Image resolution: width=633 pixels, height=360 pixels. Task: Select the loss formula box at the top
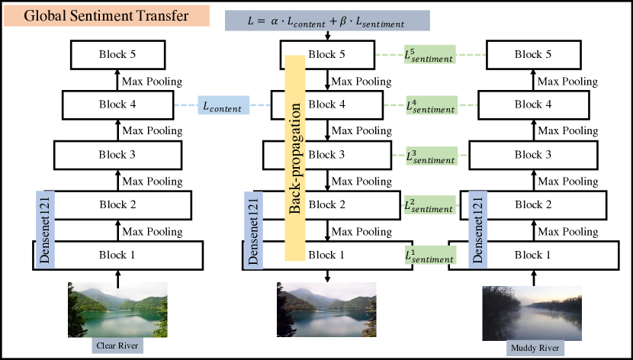(x=328, y=22)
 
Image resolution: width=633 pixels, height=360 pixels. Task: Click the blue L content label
(x=225, y=108)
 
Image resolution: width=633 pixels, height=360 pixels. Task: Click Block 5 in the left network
(x=117, y=54)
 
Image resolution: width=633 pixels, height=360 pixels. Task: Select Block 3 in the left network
(x=117, y=155)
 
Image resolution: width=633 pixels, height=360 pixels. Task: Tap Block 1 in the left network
(x=117, y=254)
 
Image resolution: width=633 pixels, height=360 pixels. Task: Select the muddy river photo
(x=532, y=313)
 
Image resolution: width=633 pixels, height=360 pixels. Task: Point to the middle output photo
(x=326, y=310)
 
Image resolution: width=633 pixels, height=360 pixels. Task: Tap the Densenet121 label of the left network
(x=42, y=229)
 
